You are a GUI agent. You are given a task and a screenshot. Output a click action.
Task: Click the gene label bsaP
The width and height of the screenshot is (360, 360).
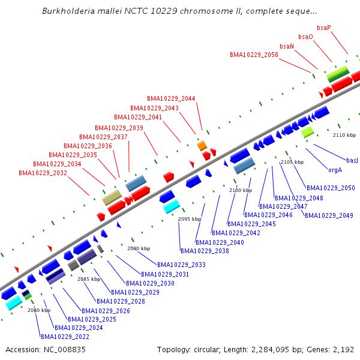click(x=324, y=28)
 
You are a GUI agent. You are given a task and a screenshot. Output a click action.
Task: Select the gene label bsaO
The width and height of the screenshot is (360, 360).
click(x=305, y=37)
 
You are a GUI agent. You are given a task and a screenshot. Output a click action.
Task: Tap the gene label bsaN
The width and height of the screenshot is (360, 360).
click(x=287, y=46)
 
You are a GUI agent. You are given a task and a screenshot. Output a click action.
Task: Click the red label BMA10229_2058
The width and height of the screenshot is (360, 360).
click(x=254, y=55)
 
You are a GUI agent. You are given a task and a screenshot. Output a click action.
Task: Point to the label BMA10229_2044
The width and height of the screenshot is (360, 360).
click(x=171, y=98)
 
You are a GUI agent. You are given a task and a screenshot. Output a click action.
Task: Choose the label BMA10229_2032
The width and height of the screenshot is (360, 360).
click(x=43, y=173)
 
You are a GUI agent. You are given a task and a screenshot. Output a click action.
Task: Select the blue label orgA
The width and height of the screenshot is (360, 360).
click(x=335, y=170)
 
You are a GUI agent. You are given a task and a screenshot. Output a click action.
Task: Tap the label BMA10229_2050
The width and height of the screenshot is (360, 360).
click(x=331, y=188)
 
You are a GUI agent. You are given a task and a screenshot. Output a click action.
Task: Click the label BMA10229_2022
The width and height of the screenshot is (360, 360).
click(x=65, y=337)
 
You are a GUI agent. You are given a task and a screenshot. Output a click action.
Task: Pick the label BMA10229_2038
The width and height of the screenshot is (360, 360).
click(x=205, y=251)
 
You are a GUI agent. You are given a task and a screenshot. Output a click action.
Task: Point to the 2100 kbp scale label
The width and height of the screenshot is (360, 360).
click(x=240, y=190)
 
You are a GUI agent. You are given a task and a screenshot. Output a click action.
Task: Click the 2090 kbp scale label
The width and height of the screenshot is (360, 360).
click(x=139, y=248)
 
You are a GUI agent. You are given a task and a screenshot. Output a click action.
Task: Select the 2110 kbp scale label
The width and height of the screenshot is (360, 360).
click(x=344, y=135)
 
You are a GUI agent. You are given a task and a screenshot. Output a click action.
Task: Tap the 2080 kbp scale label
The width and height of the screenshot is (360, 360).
click(x=39, y=310)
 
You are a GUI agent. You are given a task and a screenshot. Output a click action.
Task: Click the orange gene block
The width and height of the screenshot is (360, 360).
click(x=202, y=145)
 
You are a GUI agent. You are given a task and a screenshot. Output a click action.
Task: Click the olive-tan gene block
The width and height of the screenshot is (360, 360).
click(x=112, y=197)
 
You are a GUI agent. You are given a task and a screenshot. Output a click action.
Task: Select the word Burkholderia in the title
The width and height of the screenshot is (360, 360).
click(x=68, y=11)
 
